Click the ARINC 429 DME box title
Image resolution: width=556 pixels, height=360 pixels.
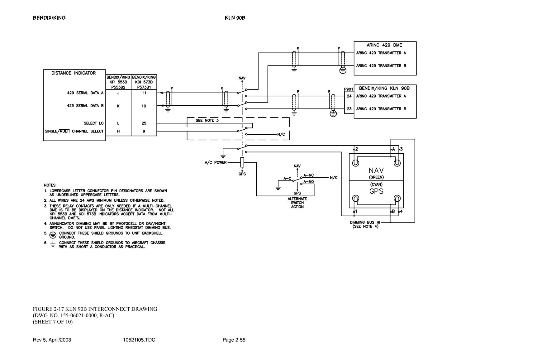(384, 45)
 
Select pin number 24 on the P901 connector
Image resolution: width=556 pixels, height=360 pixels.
(349, 96)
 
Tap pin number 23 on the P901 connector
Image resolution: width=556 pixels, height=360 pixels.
(349, 109)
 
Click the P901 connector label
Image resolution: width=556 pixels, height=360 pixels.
(349, 89)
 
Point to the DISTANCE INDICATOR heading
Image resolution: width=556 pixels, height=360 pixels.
(74, 73)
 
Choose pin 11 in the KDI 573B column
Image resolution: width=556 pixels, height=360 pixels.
(144, 93)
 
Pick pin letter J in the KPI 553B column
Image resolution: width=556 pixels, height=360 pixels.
(118, 93)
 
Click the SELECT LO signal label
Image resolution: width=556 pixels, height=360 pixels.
(93, 123)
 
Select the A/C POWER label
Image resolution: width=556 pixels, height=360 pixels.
(216, 162)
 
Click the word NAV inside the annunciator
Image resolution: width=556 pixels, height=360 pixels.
(376, 170)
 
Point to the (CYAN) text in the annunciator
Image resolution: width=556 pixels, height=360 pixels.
(376, 184)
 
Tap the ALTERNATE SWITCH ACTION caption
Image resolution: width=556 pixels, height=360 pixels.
(297, 203)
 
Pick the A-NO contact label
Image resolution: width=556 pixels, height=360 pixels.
(309, 182)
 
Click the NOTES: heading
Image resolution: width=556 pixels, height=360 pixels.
(50, 185)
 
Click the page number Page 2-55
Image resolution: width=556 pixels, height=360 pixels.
(234, 340)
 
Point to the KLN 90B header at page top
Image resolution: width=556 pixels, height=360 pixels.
(235, 18)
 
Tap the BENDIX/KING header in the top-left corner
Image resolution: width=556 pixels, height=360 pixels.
(49, 18)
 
